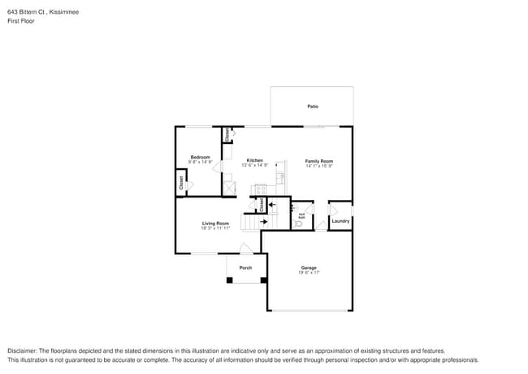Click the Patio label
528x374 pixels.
click(312, 107)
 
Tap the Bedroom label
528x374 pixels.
click(200, 157)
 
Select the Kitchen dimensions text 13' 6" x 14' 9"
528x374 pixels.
click(255, 165)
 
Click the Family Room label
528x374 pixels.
click(319, 161)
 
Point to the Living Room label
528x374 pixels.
click(215, 223)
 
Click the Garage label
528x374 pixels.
click(309, 267)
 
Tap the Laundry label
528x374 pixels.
click(340, 220)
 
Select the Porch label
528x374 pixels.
click(245, 267)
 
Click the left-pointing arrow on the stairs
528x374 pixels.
click(273, 205)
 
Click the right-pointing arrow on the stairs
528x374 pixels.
click(265, 220)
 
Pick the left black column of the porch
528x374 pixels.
click(229, 280)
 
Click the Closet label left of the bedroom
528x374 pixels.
click(181, 184)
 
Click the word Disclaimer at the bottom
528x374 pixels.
click(23, 350)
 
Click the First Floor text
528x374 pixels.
click(20, 21)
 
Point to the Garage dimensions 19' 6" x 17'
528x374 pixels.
click(309, 273)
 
